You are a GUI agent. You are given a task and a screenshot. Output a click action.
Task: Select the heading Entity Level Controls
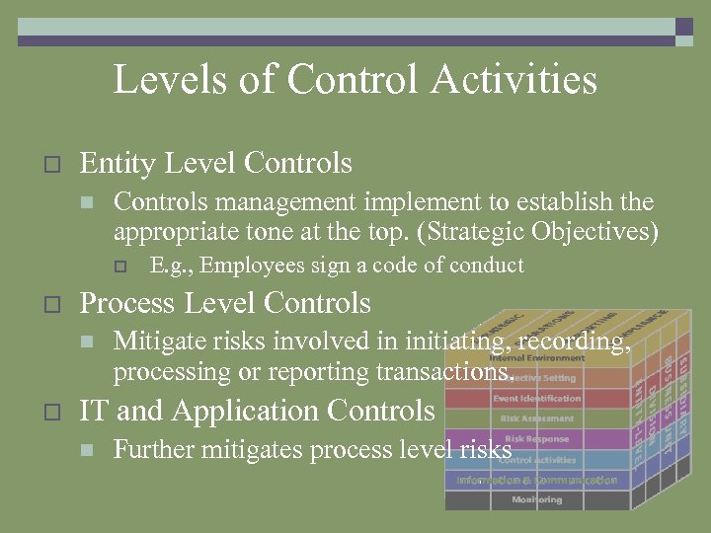[215, 162]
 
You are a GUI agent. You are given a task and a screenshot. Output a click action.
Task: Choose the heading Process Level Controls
[225, 303]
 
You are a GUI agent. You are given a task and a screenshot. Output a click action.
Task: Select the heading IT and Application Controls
[257, 411]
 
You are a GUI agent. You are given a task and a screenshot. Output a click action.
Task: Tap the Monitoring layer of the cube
[537, 500]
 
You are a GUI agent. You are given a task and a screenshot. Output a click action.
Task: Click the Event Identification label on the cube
[537, 399]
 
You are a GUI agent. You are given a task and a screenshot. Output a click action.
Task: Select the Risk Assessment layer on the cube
[537, 419]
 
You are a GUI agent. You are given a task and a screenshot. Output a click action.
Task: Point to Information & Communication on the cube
[537, 481]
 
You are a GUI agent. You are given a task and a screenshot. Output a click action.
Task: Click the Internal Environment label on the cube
[537, 358]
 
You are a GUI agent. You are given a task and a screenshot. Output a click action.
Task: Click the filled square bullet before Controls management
[87, 203]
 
